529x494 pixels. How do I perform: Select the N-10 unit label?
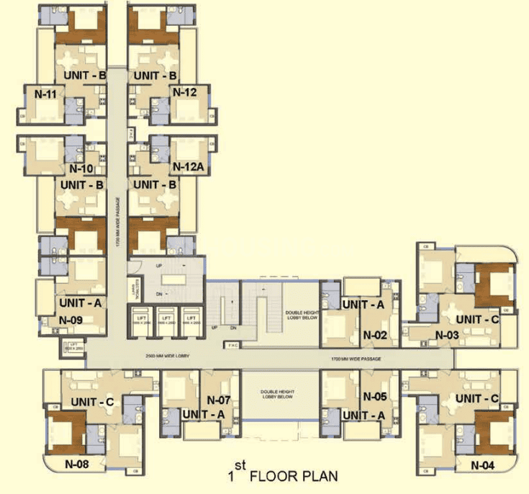[81, 169]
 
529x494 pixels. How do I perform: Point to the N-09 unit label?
[71, 320]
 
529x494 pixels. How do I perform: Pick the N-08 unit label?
[77, 464]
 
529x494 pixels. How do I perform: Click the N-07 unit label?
[218, 399]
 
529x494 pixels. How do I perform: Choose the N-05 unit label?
[376, 396]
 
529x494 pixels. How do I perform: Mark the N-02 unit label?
[376, 335]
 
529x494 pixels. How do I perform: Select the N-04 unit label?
[483, 465]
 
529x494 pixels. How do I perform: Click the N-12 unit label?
[184, 92]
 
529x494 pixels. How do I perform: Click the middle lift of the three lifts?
[166, 318]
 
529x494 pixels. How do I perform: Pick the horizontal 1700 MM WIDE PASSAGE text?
[356, 358]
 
